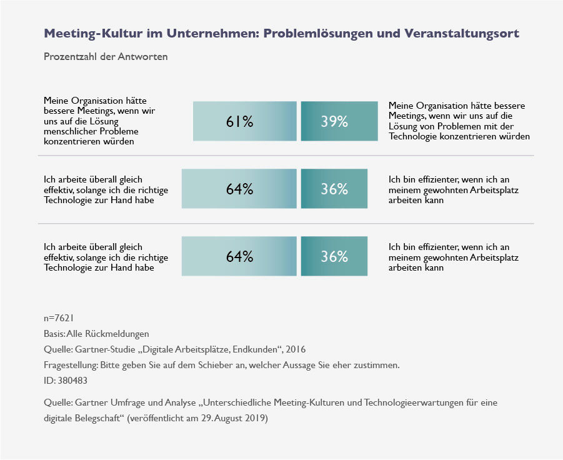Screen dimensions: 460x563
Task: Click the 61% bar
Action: pyautogui.click(x=244, y=121)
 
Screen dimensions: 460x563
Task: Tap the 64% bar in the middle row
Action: pyautogui.click(x=239, y=189)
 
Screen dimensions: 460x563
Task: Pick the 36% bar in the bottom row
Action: pyautogui.click(x=334, y=256)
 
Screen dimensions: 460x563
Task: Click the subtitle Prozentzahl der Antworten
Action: pyautogui.click(x=106, y=56)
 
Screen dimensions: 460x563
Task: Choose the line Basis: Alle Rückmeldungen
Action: pyautogui.click(x=96, y=334)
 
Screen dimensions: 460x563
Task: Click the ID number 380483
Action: pyautogui.click(x=74, y=381)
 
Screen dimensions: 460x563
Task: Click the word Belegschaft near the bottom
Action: pyautogui.click(x=97, y=418)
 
